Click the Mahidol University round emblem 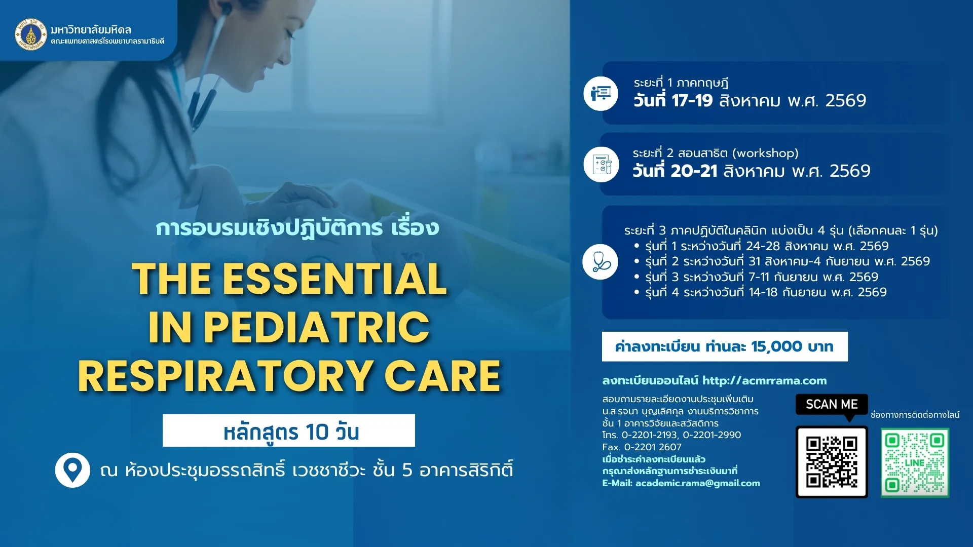[31, 34]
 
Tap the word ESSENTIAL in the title [335, 279]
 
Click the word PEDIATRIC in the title [316, 328]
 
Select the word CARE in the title [442, 376]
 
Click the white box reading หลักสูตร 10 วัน [289, 431]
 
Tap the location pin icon [72, 470]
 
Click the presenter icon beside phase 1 [601, 94]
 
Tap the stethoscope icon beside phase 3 [601, 262]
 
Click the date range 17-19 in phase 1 [692, 101]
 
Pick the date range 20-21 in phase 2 [694, 171]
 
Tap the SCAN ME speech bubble [832, 405]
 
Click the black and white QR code [832, 462]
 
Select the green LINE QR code [915, 463]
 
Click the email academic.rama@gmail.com [697, 483]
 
